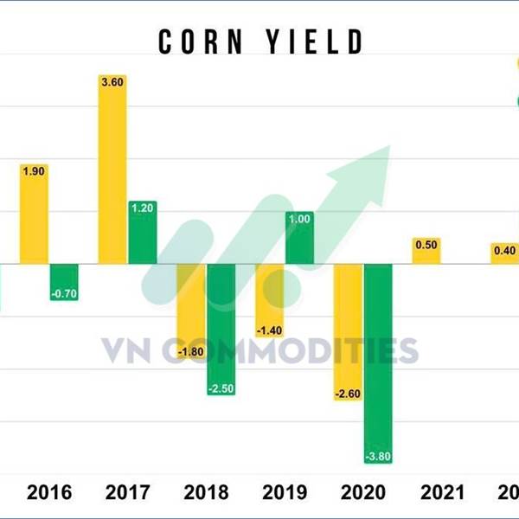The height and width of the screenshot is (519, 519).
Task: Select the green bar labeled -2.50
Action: click(x=221, y=329)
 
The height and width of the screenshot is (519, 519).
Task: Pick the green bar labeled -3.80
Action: click(x=378, y=363)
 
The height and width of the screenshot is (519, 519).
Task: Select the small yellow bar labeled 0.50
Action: click(x=426, y=251)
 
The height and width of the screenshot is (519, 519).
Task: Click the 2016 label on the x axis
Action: click(x=50, y=494)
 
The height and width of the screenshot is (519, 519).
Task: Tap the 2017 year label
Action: click(x=128, y=494)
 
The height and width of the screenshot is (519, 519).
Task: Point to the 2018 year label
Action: click(x=207, y=494)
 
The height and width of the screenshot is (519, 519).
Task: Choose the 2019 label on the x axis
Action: click(x=285, y=494)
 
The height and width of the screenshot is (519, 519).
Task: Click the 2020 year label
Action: click(x=363, y=494)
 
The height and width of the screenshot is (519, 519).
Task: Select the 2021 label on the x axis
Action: click(x=441, y=494)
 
